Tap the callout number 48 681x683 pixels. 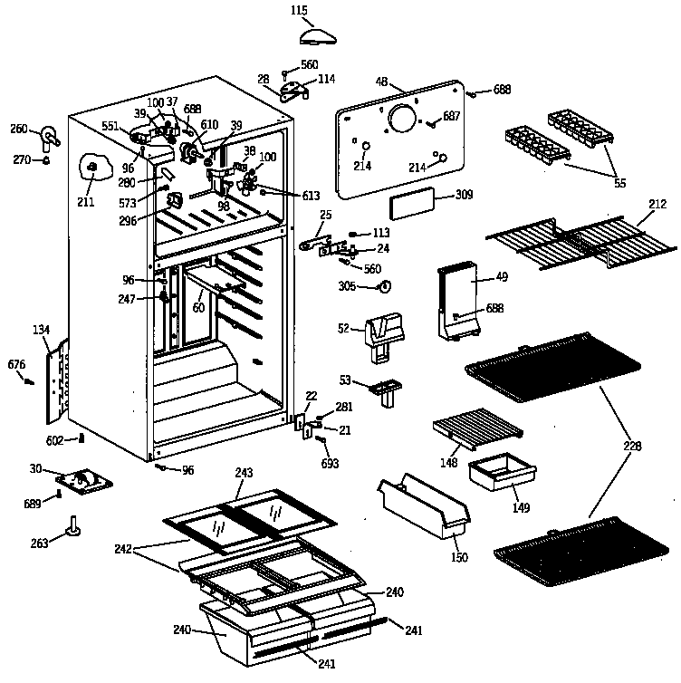point(381,82)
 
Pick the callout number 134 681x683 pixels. point(42,329)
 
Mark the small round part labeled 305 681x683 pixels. point(384,287)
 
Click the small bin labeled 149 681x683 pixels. point(501,473)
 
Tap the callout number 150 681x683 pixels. point(459,557)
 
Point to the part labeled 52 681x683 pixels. point(382,330)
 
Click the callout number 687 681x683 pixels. point(452,116)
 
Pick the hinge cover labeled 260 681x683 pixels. point(48,137)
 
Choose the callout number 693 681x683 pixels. point(331,464)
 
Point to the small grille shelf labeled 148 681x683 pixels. point(476,426)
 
